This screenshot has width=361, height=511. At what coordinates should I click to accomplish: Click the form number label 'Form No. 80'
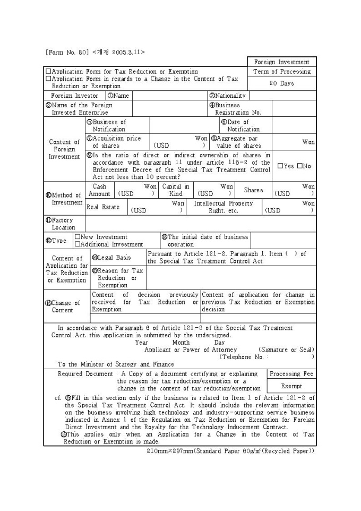[x=67, y=52]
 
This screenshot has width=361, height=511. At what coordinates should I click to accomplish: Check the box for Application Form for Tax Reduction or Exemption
[x=48, y=72]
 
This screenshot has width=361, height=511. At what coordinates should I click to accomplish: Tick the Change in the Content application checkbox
[x=48, y=79]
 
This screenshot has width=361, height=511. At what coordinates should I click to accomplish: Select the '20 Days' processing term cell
[x=281, y=83]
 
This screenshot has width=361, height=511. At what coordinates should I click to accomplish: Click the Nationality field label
[x=228, y=96]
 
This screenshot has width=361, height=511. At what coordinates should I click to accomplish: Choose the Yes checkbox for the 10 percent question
[x=281, y=166]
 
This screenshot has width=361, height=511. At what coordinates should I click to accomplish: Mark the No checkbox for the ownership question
[x=300, y=166]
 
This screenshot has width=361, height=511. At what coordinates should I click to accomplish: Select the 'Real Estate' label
[x=103, y=207]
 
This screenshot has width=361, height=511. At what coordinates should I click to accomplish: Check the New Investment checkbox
[x=78, y=237]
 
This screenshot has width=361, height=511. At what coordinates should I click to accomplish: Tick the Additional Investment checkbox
[x=78, y=244]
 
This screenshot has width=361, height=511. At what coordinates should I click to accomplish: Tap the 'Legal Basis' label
[x=111, y=258]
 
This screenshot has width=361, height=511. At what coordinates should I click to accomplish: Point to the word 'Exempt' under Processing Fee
[x=291, y=386]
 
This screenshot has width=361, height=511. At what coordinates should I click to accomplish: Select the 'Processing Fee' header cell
[x=291, y=374]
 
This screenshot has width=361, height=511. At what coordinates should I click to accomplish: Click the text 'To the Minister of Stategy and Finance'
[x=116, y=364]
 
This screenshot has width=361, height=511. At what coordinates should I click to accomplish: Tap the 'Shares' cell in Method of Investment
[x=253, y=190]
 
